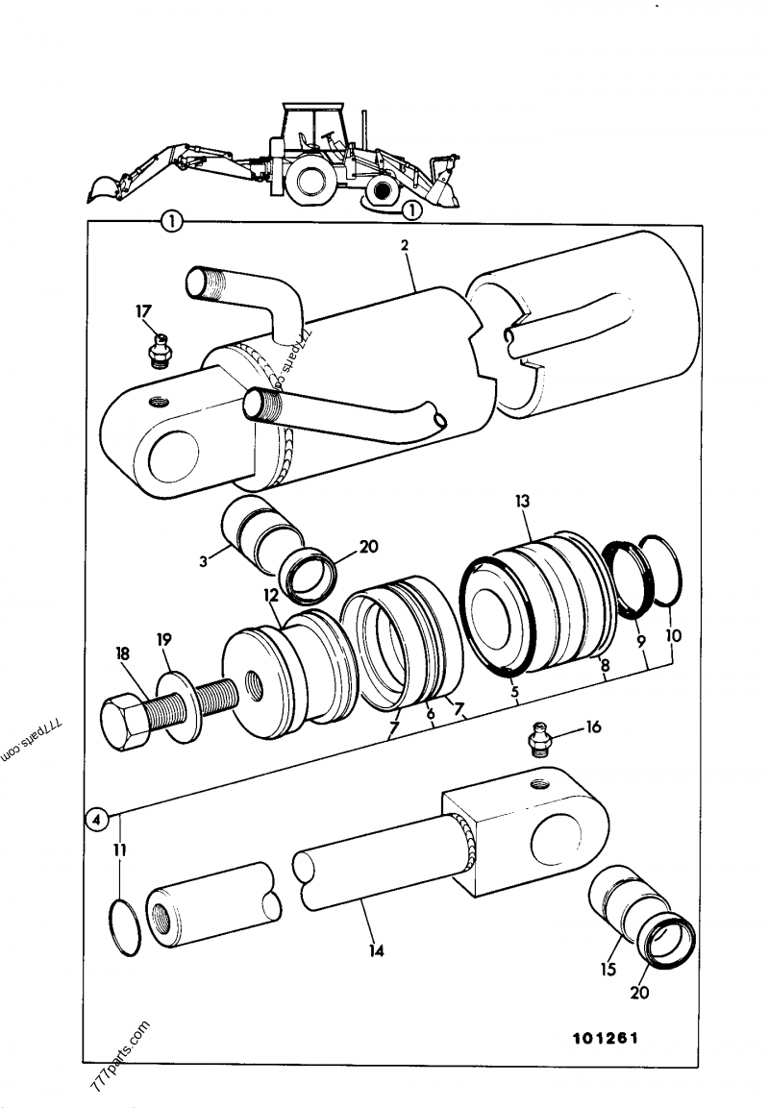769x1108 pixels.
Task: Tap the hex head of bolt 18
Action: tap(125, 721)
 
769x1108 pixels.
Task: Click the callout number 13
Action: tap(522, 502)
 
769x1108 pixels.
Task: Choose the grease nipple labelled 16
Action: tap(541, 742)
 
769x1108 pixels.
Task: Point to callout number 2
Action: tap(405, 245)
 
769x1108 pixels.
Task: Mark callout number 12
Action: tap(270, 597)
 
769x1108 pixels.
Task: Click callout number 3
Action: tap(204, 561)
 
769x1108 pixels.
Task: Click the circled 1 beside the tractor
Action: tap(410, 208)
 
